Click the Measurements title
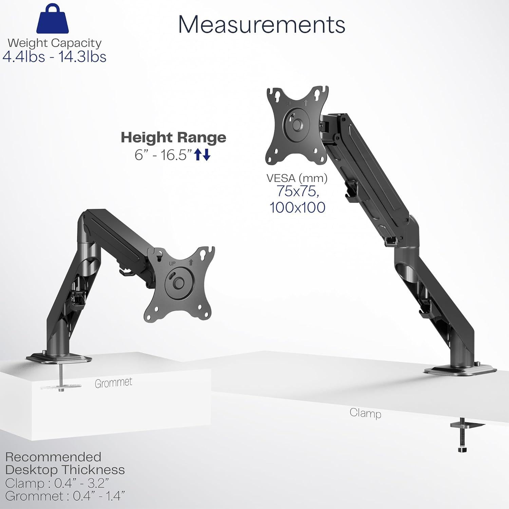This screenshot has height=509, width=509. pos(262,24)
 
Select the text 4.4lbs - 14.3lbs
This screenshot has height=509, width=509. pos(54,57)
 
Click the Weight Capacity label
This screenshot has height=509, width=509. pos(54,43)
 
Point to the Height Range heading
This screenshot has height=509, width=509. pos(173,137)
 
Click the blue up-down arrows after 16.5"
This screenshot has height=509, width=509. pos(203,155)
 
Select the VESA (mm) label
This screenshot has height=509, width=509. pos(297,178)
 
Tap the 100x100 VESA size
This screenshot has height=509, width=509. pos(297,207)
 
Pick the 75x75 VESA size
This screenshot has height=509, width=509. pos(297,192)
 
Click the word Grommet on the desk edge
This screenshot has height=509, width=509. pos(113,382)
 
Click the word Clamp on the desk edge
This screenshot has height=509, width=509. pos(365,413)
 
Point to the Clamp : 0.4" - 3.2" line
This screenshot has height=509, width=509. pos(57,483)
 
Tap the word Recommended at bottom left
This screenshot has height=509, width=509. pos(53,457)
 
